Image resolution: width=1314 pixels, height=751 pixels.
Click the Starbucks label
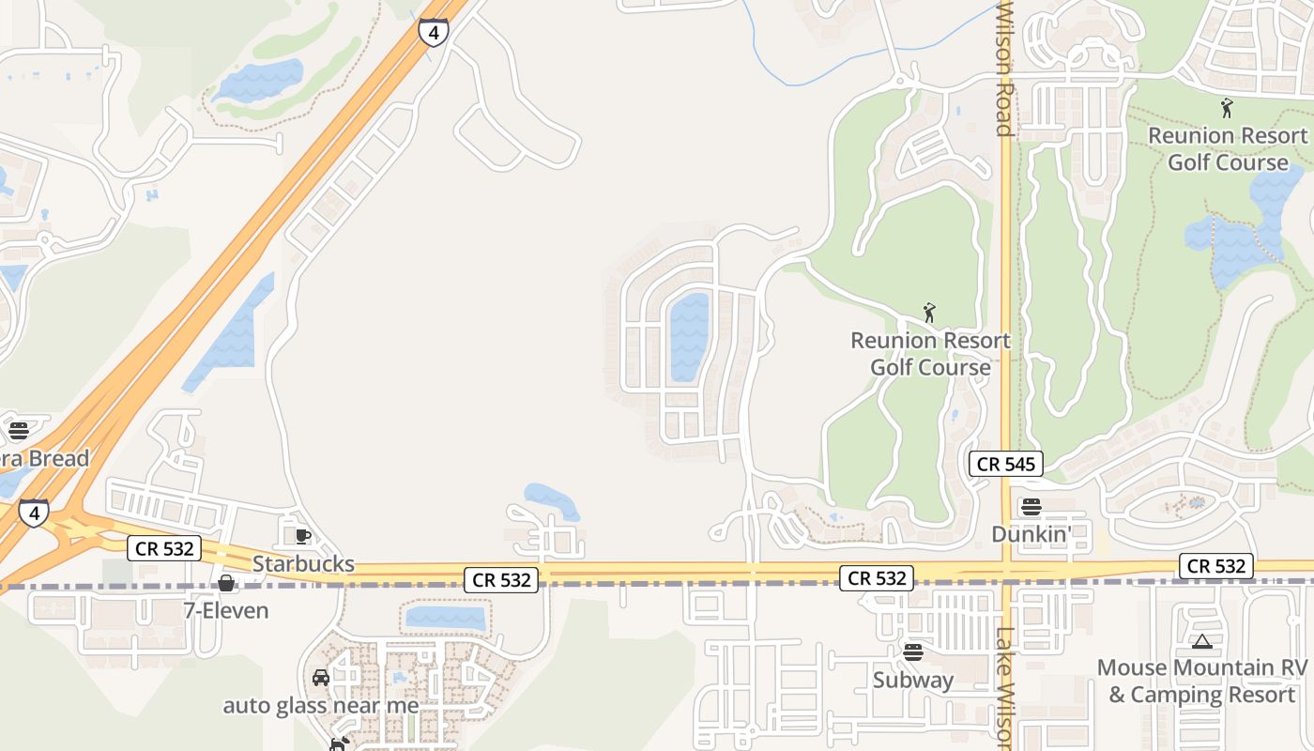pyautogui.click(x=303, y=563)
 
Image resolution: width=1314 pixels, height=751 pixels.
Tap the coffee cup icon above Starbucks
pyautogui.click(x=303, y=536)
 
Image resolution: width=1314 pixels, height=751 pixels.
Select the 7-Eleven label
pyautogui.click(x=225, y=610)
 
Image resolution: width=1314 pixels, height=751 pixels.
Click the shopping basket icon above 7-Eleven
pyautogui.click(x=226, y=583)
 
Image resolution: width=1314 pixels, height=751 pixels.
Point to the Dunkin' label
pyautogui.click(x=1031, y=534)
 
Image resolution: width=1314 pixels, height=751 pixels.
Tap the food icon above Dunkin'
pyautogui.click(x=1031, y=507)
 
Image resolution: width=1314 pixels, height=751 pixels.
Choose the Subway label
pyautogui.click(x=913, y=680)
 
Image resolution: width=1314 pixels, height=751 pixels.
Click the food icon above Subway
pyautogui.click(x=913, y=651)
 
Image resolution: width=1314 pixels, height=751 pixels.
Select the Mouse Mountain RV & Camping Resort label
pyautogui.click(x=1201, y=682)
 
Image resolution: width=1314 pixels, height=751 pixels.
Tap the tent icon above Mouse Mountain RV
pyautogui.click(x=1201, y=642)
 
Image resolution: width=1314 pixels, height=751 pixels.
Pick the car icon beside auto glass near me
pyautogui.click(x=321, y=678)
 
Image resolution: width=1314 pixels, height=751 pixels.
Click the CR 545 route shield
pyautogui.click(x=1006, y=464)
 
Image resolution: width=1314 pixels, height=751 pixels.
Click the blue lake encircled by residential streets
pyautogui.click(x=689, y=336)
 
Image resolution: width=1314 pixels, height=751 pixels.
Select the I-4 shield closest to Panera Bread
pyautogui.click(x=34, y=513)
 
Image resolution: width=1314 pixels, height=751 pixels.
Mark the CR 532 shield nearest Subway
pyautogui.click(x=878, y=578)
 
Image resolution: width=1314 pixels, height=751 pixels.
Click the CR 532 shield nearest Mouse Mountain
pyautogui.click(x=1216, y=565)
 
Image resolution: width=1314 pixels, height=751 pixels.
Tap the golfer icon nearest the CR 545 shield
pyautogui.click(x=929, y=313)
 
